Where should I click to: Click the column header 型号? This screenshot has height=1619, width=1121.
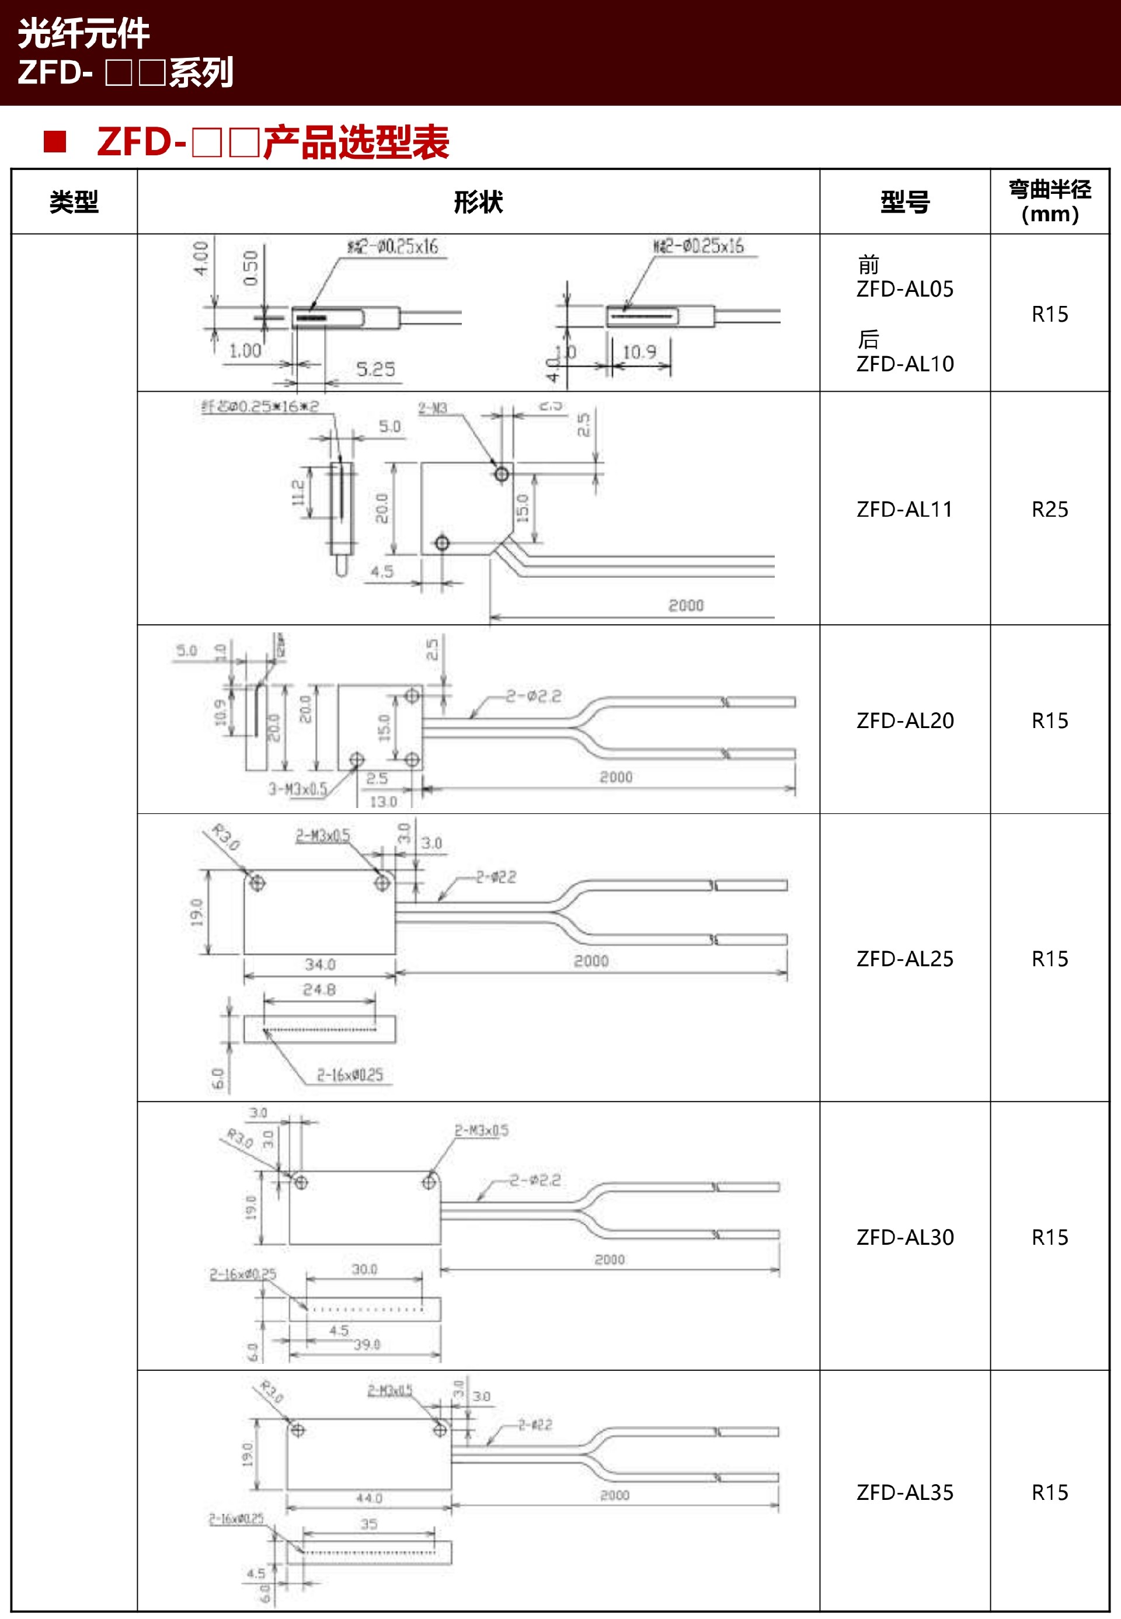pos(904,202)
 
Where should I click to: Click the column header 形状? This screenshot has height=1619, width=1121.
pos(478,202)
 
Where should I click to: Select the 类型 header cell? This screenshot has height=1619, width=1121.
pos(74,202)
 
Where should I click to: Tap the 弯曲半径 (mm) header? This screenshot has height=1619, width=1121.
pos(1049,201)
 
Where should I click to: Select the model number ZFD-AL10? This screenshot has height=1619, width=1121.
pos(904,364)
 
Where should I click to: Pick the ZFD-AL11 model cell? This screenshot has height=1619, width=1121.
pos(904,509)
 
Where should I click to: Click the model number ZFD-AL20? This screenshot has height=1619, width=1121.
pos(904,720)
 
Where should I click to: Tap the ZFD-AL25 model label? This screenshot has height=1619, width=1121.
pos(904,959)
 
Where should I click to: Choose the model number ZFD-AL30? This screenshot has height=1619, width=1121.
pos(904,1237)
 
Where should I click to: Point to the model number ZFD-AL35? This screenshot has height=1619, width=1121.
pos(904,1492)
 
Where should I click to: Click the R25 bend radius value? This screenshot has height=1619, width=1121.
pos(1049,509)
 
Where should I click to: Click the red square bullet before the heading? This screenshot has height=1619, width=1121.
pos(55,141)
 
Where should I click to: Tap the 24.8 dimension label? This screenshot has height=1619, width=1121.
pos(319,990)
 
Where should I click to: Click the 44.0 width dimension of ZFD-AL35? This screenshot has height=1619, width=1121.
pos(369,1498)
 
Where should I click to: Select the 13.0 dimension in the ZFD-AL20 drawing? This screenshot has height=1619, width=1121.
pos(383,802)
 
